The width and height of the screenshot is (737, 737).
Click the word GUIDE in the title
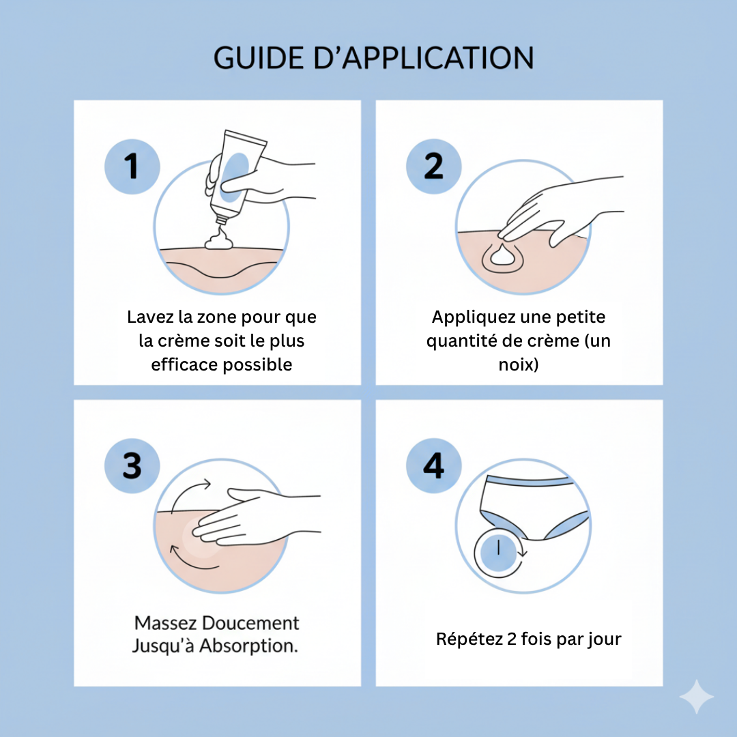(259, 58)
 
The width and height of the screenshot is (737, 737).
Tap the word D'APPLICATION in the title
(424, 58)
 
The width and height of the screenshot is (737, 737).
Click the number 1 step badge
(132, 167)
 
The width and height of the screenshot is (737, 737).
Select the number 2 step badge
(433, 167)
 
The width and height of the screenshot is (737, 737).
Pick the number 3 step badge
(132, 466)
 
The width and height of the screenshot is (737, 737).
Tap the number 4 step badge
(433, 466)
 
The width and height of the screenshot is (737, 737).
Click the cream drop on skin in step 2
(503, 255)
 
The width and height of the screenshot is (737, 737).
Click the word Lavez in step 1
(150, 317)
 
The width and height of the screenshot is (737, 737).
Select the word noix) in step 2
(519, 364)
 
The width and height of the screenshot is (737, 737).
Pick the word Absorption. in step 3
(248, 646)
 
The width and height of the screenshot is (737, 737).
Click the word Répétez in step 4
(469, 639)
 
